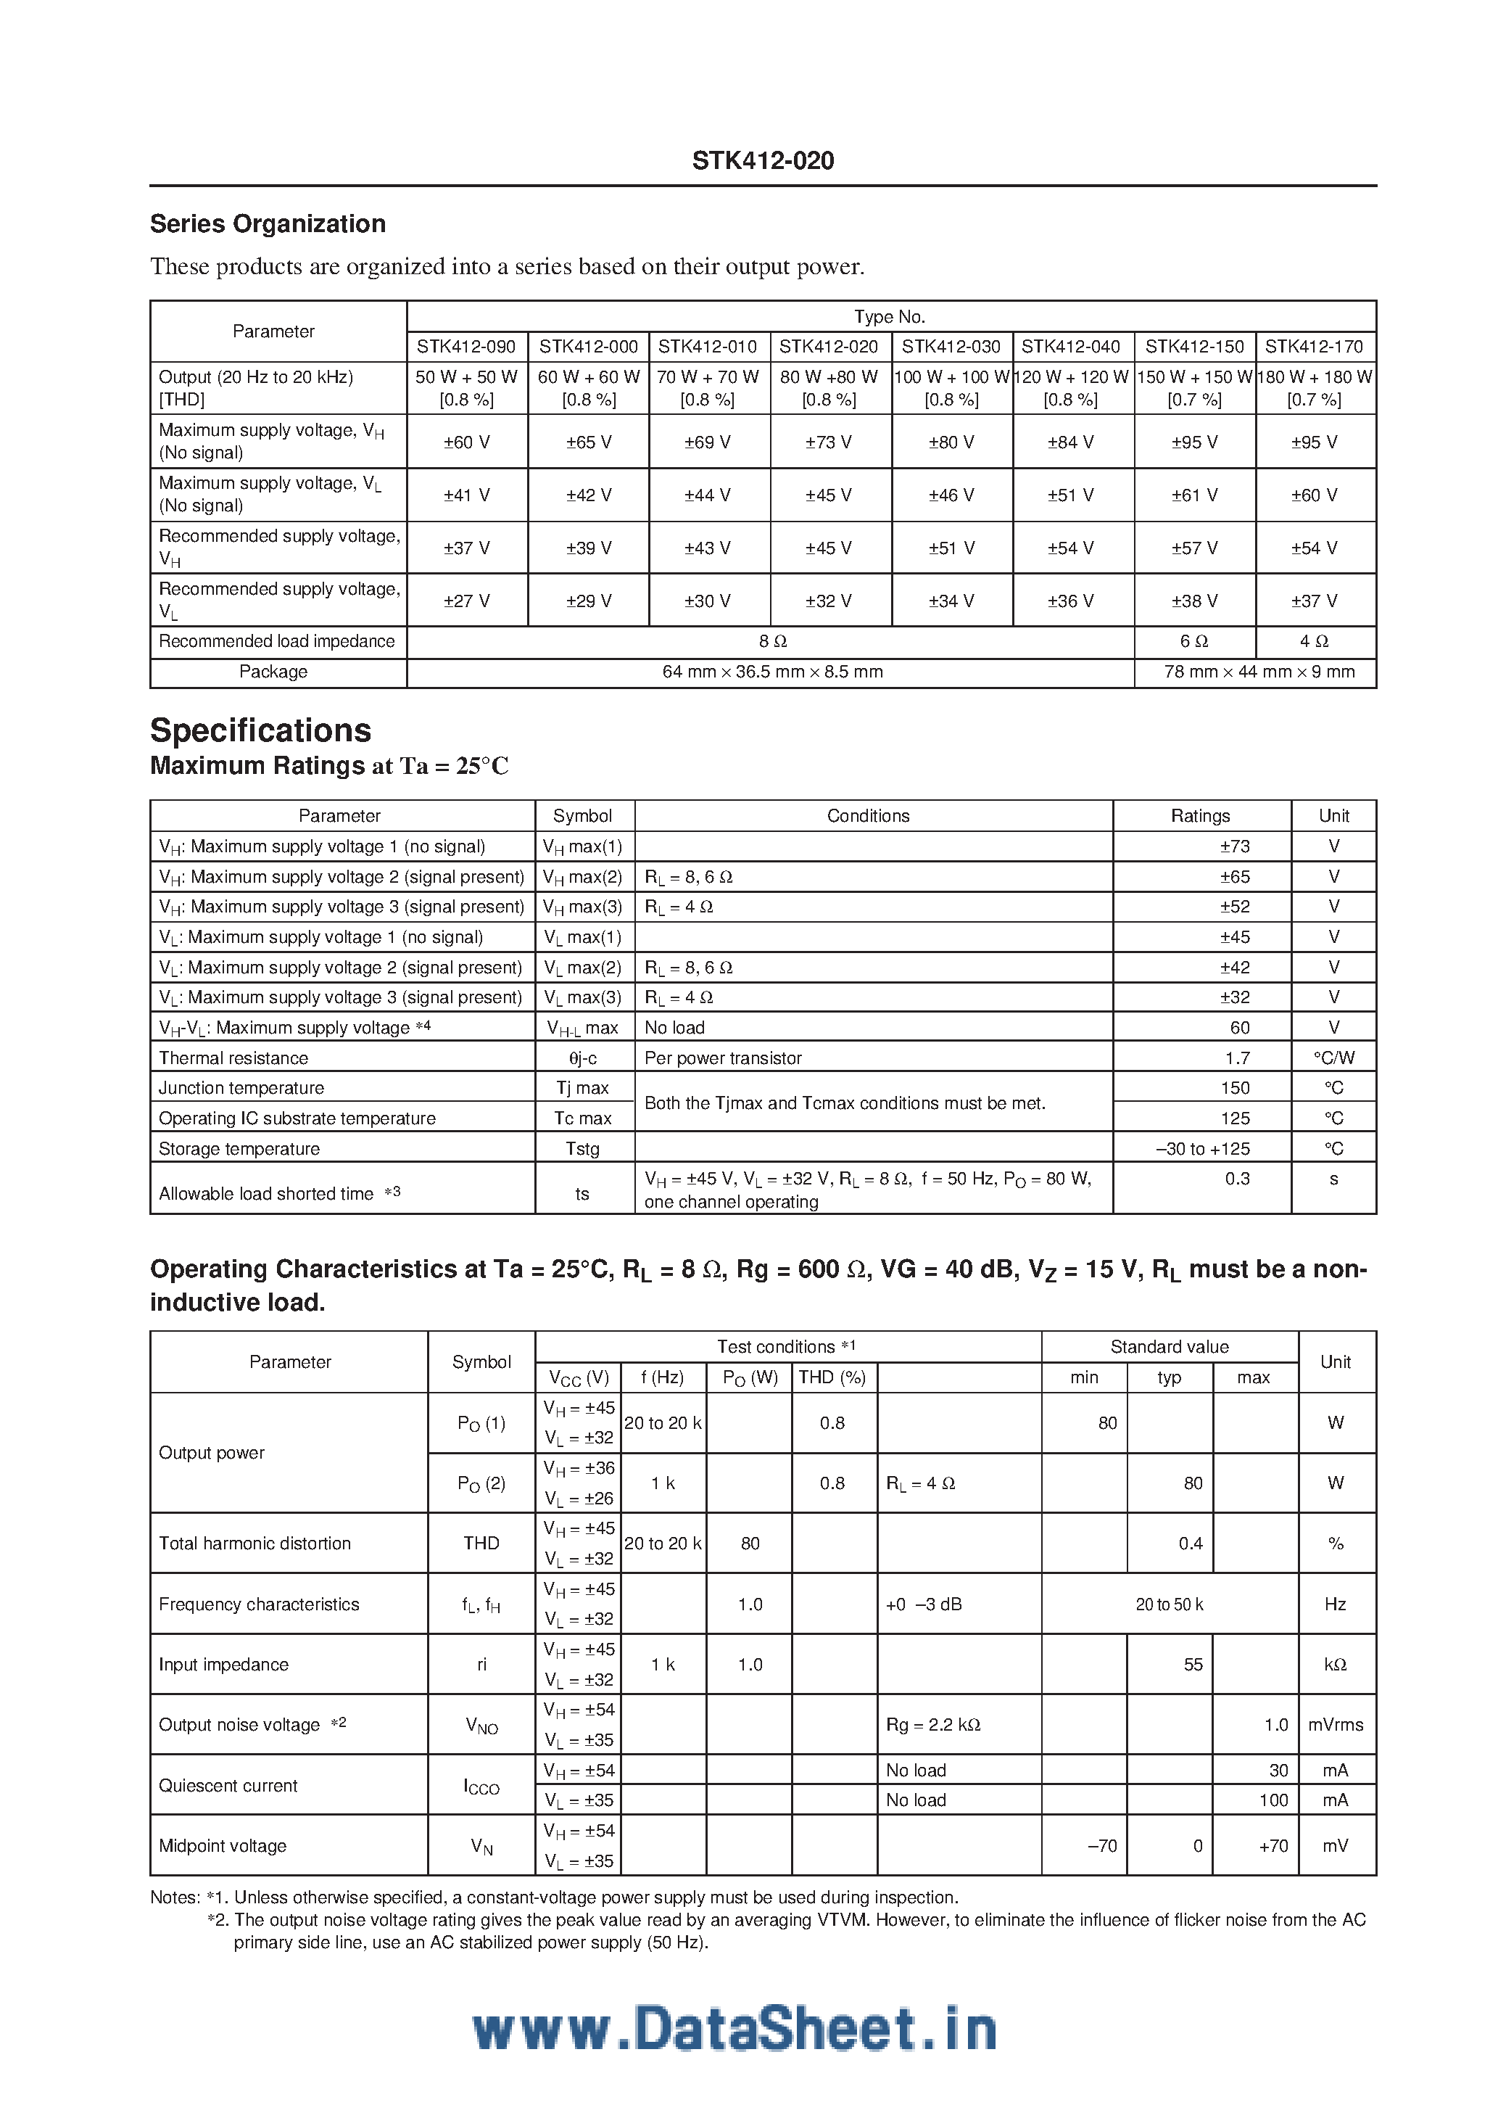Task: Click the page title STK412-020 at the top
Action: click(x=763, y=160)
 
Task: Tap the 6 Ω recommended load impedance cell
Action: click(x=1193, y=641)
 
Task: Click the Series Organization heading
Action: click(x=268, y=224)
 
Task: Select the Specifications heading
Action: click(x=260, y=730)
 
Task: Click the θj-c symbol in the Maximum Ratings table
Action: click(x=582, y=1058)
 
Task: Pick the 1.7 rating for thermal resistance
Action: click(x=1237, y=1058)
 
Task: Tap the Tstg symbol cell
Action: click(x=582, y=1148)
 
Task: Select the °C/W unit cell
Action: click(x=1334, y=1058)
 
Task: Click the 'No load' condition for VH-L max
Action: click(x=674, y=1028)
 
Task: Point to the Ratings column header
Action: click(x=1200, y=815)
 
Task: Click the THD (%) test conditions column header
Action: click(x=832, y=1377)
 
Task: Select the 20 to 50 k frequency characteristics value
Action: click(x=1169, y=1604)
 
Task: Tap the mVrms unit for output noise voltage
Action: click(x=1335, y=1724)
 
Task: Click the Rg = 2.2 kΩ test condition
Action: click(x=932, y=1724)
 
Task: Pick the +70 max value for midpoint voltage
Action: click(x=1273, y=1845)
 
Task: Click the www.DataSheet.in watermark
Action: click(x=734, y=2030)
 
